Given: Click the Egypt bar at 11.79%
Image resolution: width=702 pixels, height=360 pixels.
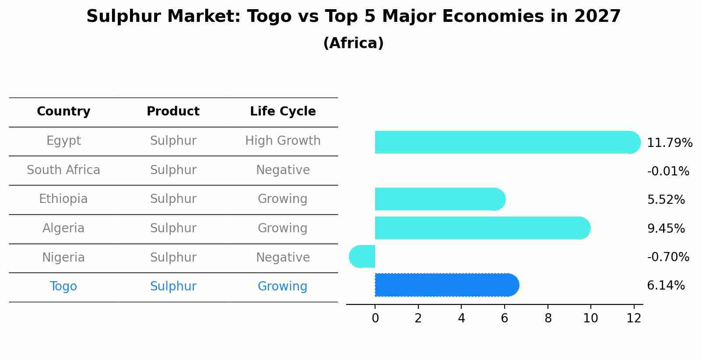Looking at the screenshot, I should (x=503, y=142).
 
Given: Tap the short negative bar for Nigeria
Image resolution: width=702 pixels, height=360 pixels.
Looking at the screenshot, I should (x=362, y=256).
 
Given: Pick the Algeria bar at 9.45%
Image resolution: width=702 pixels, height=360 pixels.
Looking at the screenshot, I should (x=481, y=228).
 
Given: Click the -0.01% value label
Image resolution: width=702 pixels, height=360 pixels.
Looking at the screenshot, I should (x=668, y=171).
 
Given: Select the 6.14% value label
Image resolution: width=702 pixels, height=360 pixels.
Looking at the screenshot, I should (x=666, y=286).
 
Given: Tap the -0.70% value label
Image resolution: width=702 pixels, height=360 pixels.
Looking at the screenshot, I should (x=668, y=257).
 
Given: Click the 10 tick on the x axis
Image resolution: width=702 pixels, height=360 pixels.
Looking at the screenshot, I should (x=590, y=318).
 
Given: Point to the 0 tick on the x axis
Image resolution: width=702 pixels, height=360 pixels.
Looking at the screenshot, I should (x=375, y=318).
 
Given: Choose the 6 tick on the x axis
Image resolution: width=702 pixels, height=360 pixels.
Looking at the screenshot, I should (x=504, y=318).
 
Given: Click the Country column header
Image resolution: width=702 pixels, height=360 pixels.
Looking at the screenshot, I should (x=63, y=112).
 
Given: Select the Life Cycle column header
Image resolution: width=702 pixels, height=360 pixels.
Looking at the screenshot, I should (x=283, y=112).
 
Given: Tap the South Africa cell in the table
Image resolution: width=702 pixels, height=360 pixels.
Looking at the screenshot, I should (x=63, y=170).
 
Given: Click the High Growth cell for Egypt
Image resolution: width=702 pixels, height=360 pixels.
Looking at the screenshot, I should (x=283, y=141).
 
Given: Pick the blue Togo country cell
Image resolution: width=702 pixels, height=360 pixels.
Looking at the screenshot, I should (x=63, y=287).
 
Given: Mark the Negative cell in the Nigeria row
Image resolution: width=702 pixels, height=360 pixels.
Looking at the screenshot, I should (x=283, y=257).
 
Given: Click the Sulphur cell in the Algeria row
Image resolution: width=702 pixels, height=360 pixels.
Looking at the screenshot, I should (x=173, y=228).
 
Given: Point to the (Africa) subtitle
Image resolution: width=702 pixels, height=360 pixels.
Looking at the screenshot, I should (x=353, y=43).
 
